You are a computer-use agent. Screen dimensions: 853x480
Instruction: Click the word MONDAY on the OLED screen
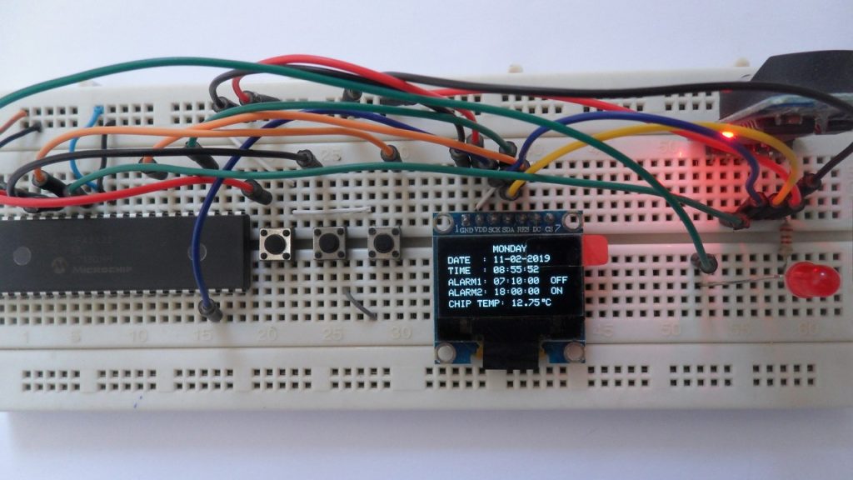pos(510,248)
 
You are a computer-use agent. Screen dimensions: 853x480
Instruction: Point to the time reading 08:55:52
pos(516,270)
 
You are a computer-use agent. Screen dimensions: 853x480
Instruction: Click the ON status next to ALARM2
pos(556,292)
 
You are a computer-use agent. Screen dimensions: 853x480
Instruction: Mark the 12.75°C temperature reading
pos(531,304)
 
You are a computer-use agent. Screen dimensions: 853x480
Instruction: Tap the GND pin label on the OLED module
pos(466,228)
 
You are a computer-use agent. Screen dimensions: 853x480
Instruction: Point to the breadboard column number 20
pos(267,334)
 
